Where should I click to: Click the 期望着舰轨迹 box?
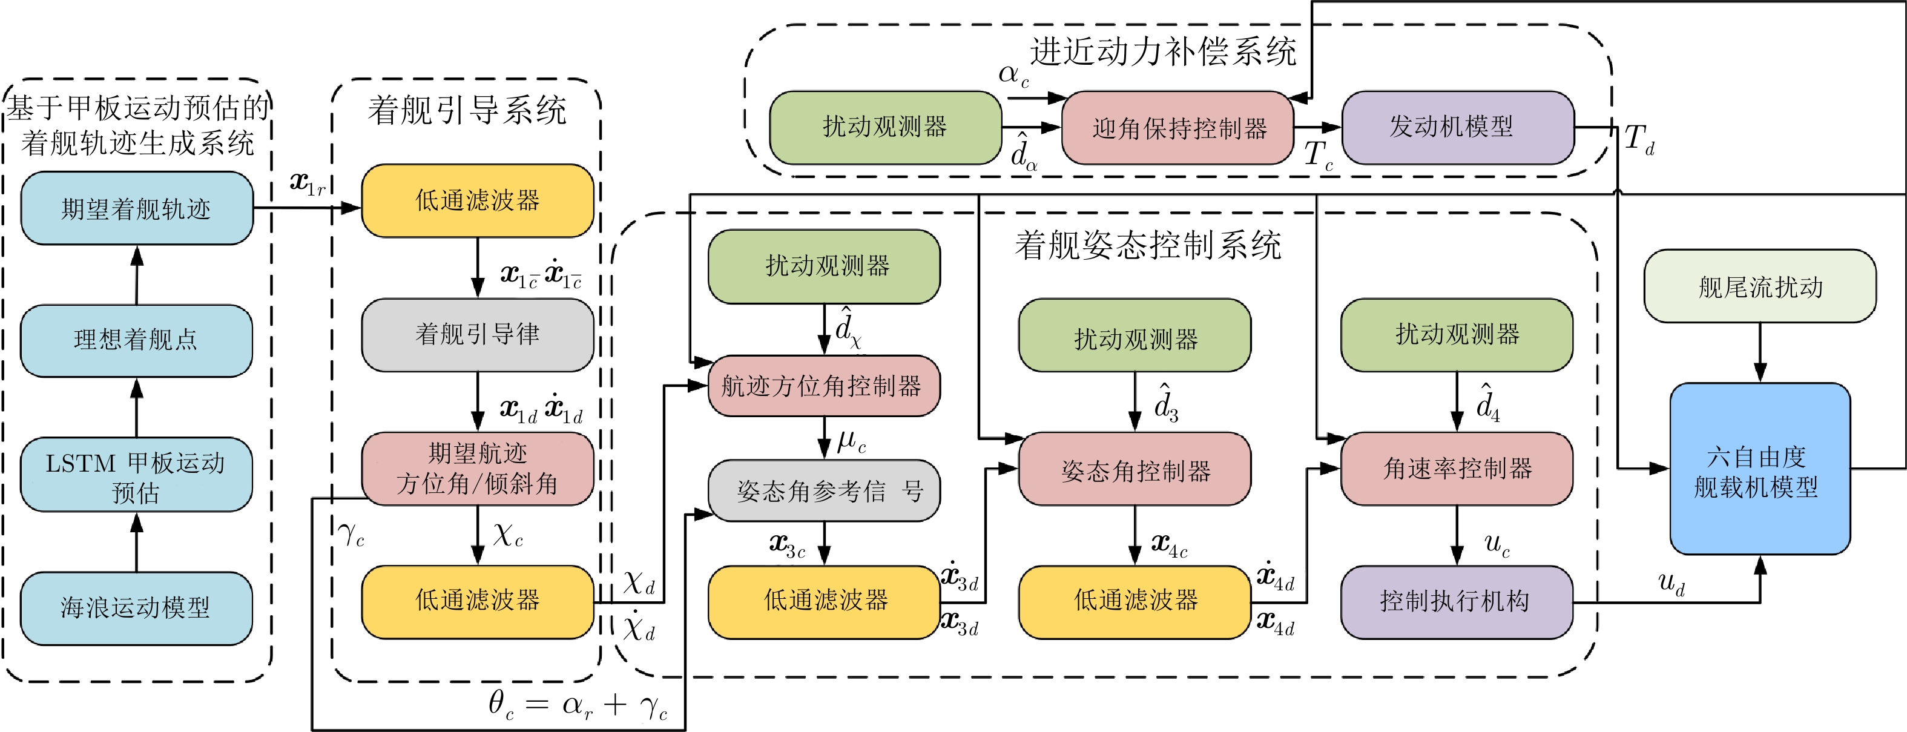coord(137,208)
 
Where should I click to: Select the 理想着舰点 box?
coord(136,340)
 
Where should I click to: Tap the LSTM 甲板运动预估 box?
coord(136,475)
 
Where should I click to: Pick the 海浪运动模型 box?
coord(136,608)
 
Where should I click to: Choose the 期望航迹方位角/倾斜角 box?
coord(478,469)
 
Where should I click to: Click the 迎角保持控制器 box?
coord(1178,128)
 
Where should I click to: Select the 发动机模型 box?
coord(1458,127)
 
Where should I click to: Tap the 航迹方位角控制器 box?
coord(824,386)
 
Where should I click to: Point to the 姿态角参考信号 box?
coord(824,490)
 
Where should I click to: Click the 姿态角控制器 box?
coord(1135,469)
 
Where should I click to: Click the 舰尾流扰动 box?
coord(1760,286)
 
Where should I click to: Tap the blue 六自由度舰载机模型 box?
coord(1760,469)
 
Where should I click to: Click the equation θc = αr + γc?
coord(578,704)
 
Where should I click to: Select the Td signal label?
coord(1639,139)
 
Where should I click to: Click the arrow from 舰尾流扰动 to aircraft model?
coord(1760,353)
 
